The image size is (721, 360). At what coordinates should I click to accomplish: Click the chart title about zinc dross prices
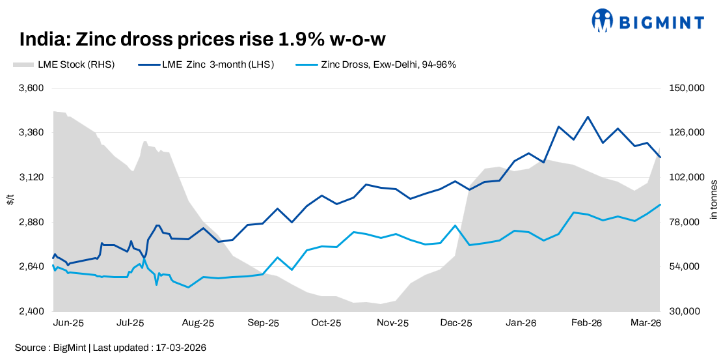[x=202, y=40]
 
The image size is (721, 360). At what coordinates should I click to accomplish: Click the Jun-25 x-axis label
[x=68, y=323]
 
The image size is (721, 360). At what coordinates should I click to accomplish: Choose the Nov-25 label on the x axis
[x=393, y=323]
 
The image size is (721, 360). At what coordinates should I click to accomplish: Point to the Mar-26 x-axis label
[x=647, y=323]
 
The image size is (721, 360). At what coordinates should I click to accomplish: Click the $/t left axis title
[x=10, y=200]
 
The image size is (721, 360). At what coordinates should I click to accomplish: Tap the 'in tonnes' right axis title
[x=714, y=200]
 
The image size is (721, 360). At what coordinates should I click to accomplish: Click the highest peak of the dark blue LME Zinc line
[x=588, y=117]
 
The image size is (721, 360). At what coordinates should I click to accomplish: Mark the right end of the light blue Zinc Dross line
[x=660, y=204]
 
